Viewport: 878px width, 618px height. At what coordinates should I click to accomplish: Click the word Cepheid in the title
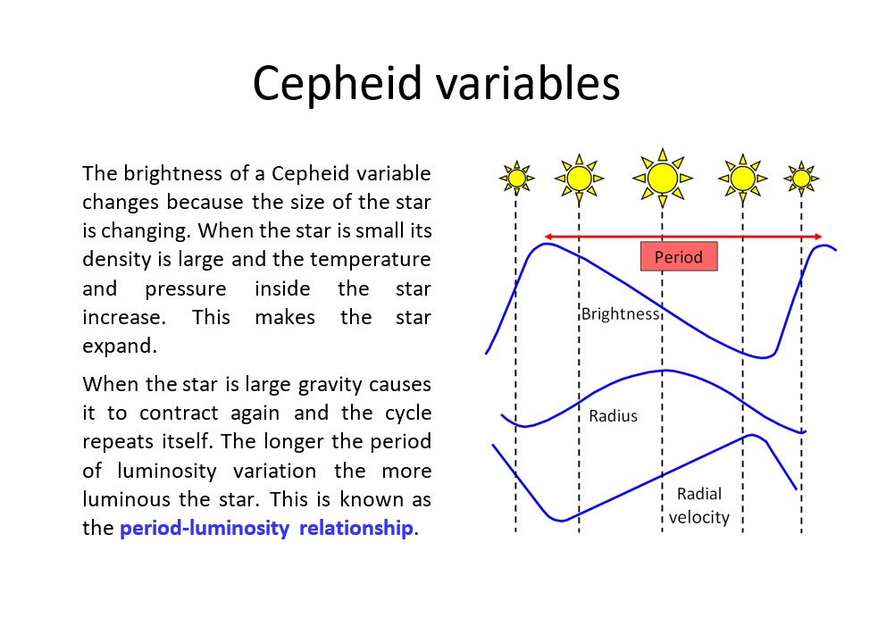coord(337,84)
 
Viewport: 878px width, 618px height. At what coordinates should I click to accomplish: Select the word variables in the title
coord(528,83)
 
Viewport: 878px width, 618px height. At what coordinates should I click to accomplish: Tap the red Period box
coord(679,256)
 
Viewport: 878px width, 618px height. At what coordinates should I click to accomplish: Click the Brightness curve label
coord(621,313)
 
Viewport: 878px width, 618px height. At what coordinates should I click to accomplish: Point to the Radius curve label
coord(613,416)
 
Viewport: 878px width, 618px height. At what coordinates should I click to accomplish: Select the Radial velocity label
coord(698,505)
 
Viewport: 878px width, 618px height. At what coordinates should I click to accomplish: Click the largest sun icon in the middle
coord(663,178)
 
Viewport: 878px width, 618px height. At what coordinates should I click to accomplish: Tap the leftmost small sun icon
coord(516,178)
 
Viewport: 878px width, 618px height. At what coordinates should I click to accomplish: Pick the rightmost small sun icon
coord(801,179)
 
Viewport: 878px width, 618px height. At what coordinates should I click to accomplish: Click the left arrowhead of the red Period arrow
coord(548,237)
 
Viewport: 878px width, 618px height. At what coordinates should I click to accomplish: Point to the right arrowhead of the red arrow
coord(818,237)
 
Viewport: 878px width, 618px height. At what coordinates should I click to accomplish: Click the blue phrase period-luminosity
coord(205,528)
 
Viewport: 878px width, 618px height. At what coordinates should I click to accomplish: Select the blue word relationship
coord(356,528)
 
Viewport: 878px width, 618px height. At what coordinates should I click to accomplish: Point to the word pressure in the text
coord(186,288)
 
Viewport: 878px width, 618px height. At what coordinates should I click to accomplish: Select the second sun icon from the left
coord(579,178)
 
